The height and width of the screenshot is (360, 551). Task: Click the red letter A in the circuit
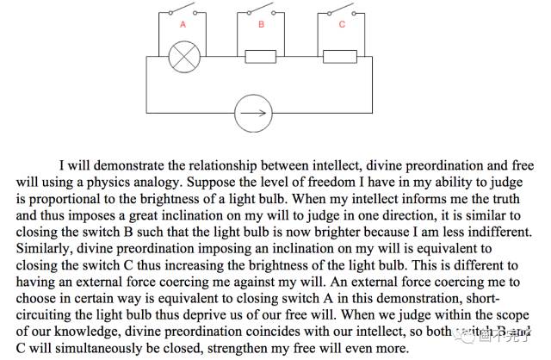click(183, 25)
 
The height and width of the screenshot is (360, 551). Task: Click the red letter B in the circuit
click(262, 25)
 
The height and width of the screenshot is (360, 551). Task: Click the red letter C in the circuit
click(342, 25)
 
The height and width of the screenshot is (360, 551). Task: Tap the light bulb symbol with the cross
click(183, 57)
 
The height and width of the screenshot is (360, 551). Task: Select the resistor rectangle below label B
click(261, 57)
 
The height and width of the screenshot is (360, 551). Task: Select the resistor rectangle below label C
click(342, 57)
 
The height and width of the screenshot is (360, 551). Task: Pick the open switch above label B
click(263, 10)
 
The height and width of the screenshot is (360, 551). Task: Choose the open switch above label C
click(343, 10)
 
